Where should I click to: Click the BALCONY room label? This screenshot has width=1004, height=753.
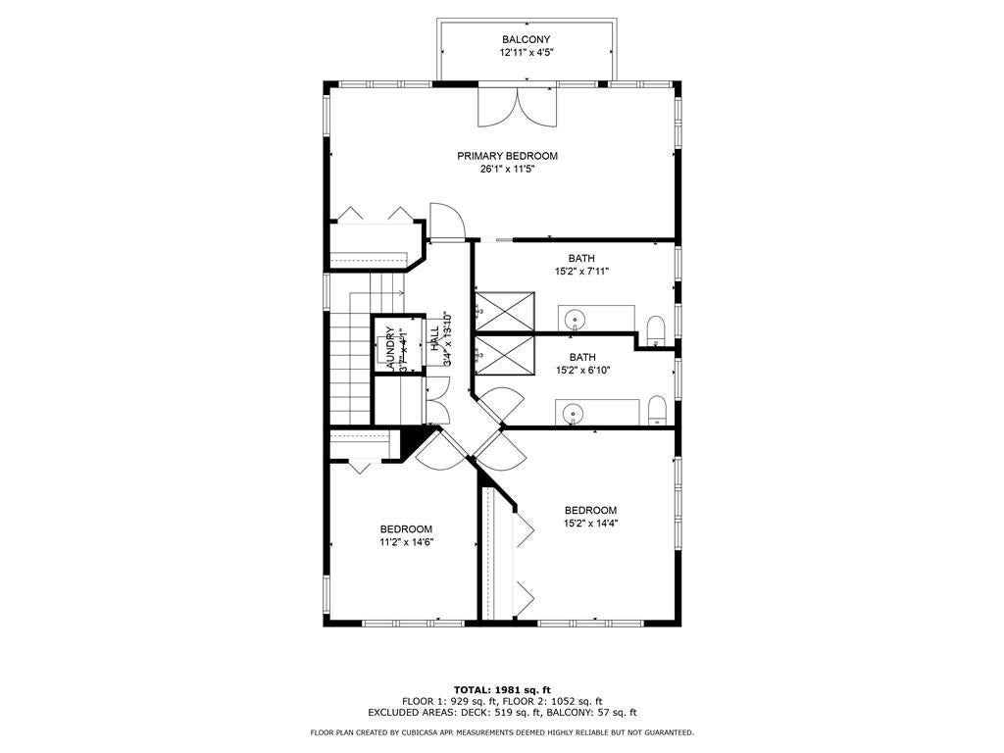[x=527, y=39]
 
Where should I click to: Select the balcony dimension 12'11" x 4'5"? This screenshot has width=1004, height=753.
[x=527, y=53]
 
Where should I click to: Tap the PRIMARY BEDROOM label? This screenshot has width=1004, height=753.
[x=507, y=156]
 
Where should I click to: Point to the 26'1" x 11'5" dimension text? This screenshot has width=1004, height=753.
[x=507, y=169]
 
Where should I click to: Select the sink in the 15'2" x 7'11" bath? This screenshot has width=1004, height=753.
[x=575, y=320]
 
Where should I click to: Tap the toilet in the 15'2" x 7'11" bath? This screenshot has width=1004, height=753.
[x=656, y=328]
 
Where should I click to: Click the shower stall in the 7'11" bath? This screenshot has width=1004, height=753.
[x=505, y=313]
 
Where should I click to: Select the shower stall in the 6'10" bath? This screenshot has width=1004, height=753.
[x=505, y=355]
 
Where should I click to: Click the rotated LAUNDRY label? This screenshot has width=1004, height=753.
[x=389, y=349]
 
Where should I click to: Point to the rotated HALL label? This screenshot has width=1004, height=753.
[x=434, y=339]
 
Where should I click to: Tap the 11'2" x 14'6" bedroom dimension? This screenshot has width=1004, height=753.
[x=407, y=541]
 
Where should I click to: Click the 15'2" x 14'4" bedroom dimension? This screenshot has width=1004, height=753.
[x=590, y=524]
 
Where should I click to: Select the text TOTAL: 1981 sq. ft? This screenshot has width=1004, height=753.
[x=502, y=689]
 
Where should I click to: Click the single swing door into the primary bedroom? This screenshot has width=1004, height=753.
[x=445, y=222]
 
